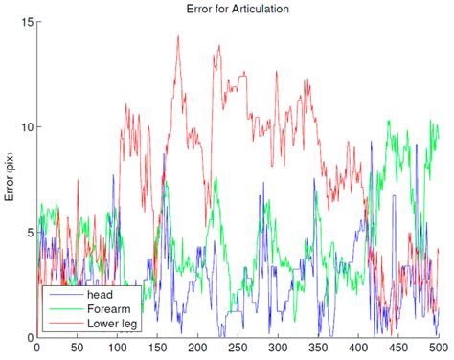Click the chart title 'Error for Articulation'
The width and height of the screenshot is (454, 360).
(239, 8)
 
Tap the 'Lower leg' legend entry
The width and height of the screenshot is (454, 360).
(111, 325)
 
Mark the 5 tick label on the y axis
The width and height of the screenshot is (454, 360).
(28, 232)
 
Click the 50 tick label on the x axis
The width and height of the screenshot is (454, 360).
(77, 349)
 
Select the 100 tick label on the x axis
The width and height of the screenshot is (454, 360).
(117, 349)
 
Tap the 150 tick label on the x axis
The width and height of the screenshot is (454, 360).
(157, 349)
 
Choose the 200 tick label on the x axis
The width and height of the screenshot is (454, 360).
(197, 349)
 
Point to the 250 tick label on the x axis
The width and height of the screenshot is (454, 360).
(238, 349)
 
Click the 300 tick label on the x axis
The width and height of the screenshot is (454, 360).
(278, 349)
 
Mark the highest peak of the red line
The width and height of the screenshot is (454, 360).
(178, 37)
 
